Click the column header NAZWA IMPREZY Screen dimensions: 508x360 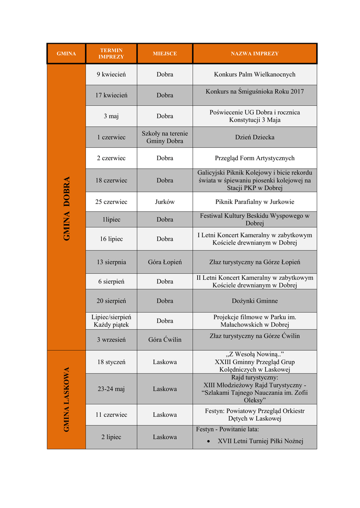254,54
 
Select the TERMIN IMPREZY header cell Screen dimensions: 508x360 111,54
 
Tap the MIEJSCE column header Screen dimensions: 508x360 164,54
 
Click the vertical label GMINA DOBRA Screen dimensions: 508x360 67,208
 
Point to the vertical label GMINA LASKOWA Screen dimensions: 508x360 67,399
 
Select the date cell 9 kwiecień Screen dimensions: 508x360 111,74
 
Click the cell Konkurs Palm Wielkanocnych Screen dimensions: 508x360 254,74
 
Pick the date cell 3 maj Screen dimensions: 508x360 111,116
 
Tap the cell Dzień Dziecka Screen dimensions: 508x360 254,137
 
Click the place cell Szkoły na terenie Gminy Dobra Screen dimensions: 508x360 164,137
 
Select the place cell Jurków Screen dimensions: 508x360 164,202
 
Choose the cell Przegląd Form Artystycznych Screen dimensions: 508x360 254,158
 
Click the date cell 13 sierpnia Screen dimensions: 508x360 111,262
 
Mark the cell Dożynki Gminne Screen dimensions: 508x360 254,301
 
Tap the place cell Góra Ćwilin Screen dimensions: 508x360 164,340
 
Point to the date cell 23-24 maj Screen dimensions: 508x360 111,389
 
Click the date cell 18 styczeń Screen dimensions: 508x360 111,362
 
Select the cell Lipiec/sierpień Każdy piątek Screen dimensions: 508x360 111,320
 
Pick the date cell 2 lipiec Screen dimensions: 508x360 111,437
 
